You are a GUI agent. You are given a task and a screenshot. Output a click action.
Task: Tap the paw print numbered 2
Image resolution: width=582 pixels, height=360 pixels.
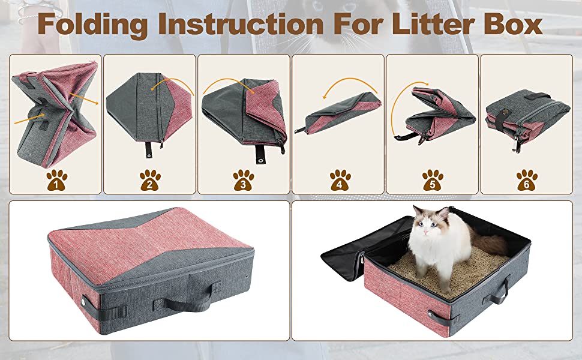150,179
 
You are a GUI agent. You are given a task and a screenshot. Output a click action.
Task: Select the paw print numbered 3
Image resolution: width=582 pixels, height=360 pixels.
243,179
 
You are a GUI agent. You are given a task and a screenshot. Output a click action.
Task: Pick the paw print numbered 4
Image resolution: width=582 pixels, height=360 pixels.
339,179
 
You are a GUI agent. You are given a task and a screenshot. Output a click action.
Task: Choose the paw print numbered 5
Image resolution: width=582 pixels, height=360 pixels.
432,179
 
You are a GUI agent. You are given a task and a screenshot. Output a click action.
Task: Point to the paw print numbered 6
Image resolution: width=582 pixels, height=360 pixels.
526,179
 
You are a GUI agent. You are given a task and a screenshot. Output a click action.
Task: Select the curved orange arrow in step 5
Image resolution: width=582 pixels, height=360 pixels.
399,114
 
